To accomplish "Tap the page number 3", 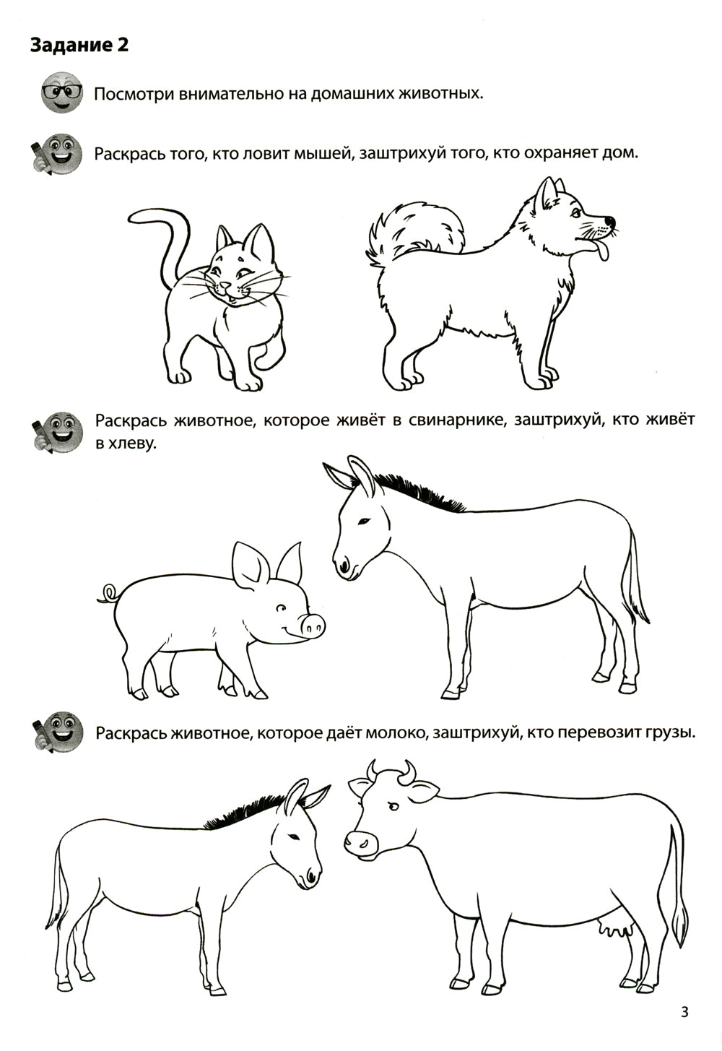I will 684,1012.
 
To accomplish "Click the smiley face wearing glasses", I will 62,92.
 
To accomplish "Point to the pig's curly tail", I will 107,594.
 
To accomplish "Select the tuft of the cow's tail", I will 679,928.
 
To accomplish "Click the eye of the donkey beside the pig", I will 365,521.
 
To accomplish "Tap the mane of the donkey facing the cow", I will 238,813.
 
